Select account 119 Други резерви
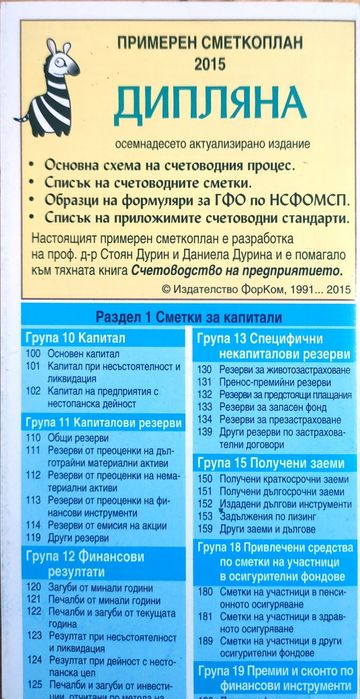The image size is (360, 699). click(x=84, y=537)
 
